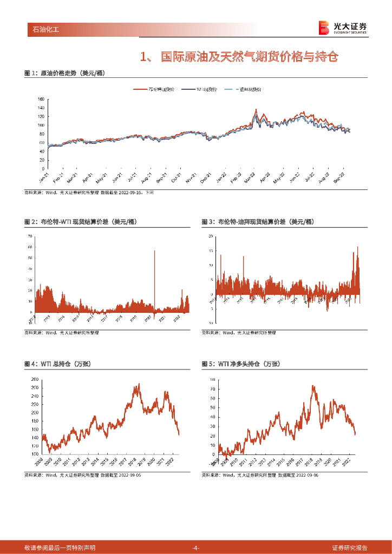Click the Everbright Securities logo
342,28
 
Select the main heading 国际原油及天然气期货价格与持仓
238,56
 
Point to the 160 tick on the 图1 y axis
41,100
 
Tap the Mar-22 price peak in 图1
256,110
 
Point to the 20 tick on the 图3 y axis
211,237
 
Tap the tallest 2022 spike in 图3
357,248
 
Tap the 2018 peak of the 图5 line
312,386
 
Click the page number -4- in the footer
196,548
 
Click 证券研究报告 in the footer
349,548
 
